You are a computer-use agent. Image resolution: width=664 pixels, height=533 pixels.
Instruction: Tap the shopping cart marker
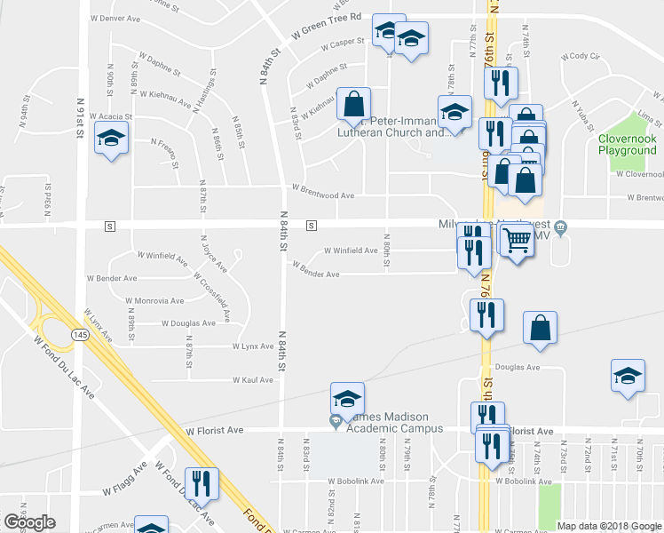516,240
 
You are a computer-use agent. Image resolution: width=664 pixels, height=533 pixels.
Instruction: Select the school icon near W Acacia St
112,139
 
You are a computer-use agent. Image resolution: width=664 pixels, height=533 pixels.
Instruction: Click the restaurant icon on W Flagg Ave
201,484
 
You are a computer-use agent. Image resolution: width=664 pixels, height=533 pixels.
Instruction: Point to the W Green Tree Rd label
328,26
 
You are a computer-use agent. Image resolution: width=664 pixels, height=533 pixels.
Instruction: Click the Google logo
29,522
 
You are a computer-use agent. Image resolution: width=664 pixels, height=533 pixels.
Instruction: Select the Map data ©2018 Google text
608,526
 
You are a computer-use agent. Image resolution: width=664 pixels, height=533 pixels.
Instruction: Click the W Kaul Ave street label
253,379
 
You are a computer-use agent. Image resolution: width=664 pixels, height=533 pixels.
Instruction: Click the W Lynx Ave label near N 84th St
253,346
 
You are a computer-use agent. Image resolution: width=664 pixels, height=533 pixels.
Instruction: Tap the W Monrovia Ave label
156,301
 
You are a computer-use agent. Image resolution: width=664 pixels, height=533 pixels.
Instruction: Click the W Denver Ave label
116,18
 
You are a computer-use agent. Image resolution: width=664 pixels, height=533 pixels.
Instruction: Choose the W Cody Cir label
583,55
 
